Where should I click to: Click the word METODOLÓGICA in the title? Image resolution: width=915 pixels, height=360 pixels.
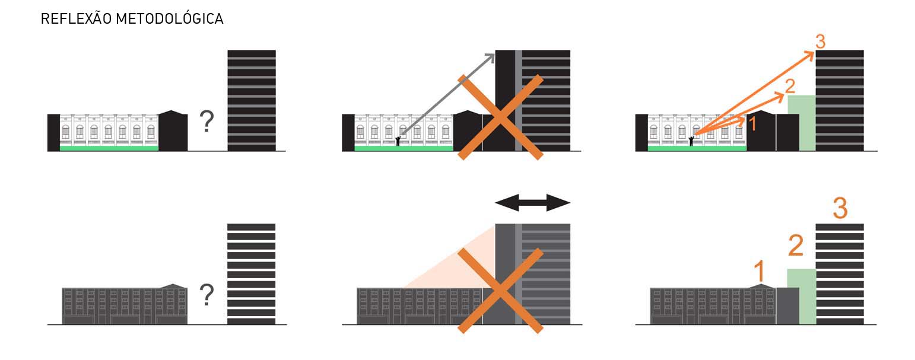(169, 19)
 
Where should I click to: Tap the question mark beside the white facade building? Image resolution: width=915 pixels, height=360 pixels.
(206, 122)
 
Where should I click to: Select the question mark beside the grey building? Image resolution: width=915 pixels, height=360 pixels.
(206, 295)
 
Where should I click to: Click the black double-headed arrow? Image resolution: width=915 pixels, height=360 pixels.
(532, 203)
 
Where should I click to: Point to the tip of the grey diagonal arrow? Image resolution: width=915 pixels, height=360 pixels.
(493, 55)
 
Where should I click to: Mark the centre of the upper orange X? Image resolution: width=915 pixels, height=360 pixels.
(500, 117)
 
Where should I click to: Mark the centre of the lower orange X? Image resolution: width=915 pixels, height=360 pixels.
(500, 290)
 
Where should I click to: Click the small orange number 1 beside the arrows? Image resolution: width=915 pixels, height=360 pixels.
(752, 123)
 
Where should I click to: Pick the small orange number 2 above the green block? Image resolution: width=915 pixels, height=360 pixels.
(790, 87)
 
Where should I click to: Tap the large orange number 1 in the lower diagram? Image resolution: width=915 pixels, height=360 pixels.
(759, 272)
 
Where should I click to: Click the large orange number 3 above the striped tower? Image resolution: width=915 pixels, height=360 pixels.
(840, 208)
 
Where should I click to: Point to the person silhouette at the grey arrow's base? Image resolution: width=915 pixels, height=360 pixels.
(398, 141)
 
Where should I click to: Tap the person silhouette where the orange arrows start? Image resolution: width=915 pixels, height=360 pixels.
(691, 141)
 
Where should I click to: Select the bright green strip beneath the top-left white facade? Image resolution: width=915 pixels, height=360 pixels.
(109, 148)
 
